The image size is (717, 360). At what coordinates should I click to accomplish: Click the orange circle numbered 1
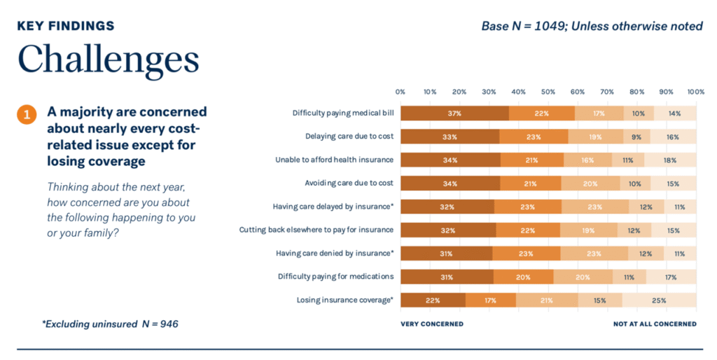27,115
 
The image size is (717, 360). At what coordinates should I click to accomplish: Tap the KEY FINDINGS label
66,26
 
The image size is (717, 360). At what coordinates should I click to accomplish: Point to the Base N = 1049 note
592,26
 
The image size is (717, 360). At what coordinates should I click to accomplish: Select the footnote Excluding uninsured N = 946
110,324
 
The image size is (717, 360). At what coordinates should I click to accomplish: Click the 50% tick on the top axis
548,92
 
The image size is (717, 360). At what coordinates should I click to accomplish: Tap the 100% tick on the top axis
695,92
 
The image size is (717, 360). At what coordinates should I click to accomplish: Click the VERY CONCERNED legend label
432,324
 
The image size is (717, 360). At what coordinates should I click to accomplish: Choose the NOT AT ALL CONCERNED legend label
655,324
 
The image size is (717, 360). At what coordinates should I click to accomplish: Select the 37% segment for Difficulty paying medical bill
454,113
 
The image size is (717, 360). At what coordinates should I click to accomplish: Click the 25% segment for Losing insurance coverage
659,300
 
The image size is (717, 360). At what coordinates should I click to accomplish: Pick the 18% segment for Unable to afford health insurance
670,160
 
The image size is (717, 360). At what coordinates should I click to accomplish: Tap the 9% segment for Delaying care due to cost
636,137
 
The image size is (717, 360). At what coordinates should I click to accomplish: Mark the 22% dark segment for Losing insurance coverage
433,300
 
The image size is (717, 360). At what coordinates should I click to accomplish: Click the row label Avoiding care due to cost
349,183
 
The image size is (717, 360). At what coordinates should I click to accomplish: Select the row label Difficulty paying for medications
335,276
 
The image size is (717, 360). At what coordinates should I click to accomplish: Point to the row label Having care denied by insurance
335,253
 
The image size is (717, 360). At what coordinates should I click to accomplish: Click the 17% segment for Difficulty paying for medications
671,277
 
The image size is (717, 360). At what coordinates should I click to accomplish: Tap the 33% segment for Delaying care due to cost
450,137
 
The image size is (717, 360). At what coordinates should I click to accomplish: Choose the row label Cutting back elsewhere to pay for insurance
316,230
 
